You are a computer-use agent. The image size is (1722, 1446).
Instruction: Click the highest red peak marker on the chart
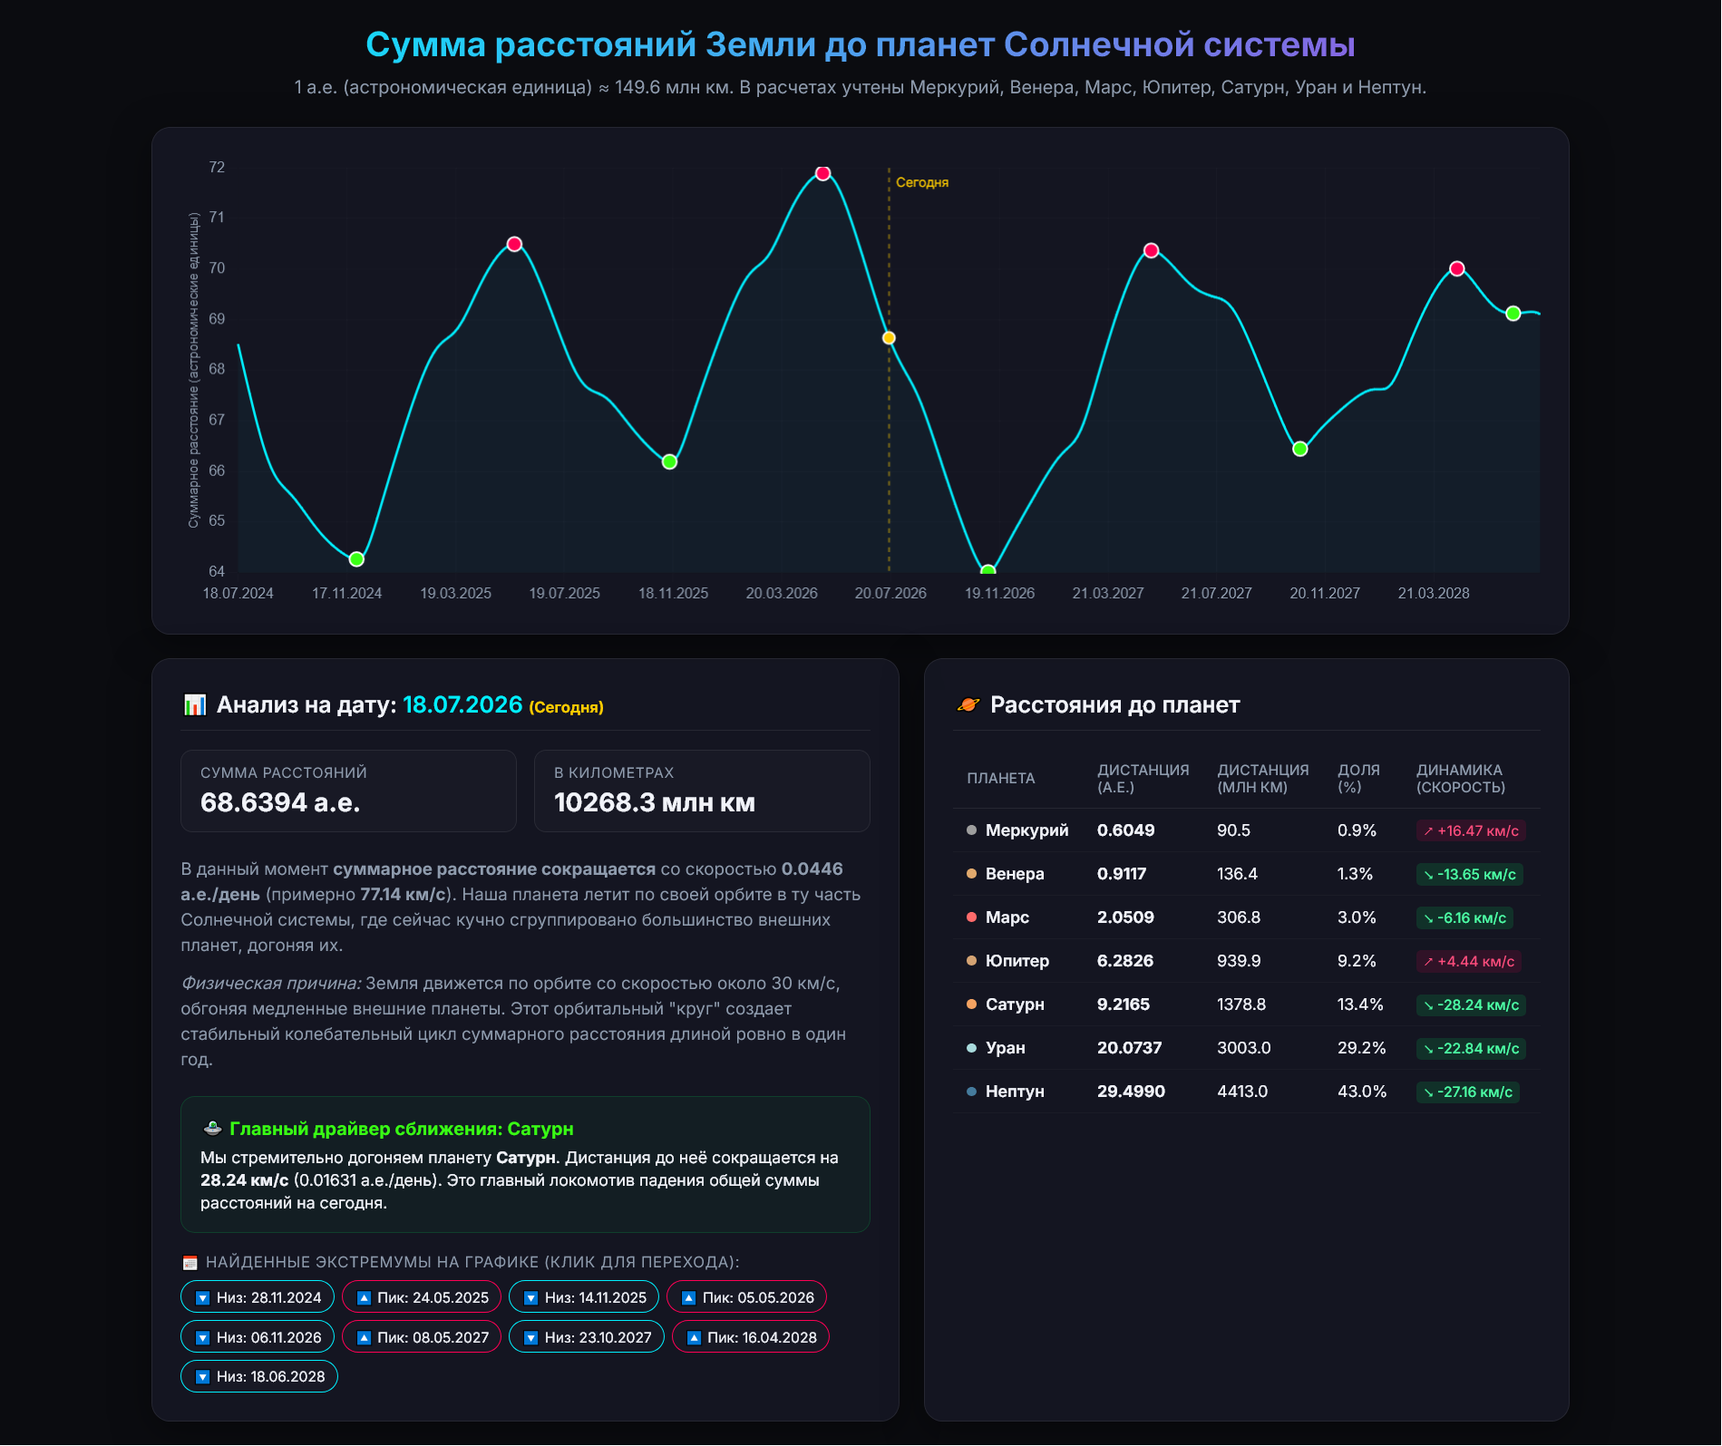(x=822, y=173)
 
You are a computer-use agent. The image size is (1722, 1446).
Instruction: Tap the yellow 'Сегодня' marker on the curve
(x=889, y=338)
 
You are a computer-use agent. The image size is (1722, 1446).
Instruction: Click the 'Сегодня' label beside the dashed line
(x=922, y=182)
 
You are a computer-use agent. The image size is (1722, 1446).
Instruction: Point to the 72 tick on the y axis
(x=217, y=167)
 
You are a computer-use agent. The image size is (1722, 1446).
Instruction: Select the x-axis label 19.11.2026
(x=999, y=593)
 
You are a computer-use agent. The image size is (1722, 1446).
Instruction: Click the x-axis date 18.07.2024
(x=238, y=593)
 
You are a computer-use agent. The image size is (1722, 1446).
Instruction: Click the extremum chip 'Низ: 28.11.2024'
(x=258, y=1297)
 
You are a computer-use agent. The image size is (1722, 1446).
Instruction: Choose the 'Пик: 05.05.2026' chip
(x=746, y=1297)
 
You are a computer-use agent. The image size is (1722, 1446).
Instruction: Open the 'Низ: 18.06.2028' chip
(x=259, y=1376)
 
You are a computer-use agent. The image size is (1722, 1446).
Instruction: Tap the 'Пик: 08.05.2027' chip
(x=422, y=1337)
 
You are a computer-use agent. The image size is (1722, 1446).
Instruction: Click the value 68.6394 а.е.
(x=280, y=802)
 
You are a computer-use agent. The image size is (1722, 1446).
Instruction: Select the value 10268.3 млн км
(x=654, y=802)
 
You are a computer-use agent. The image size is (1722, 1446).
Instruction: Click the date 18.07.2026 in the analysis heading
(x=462, y=704)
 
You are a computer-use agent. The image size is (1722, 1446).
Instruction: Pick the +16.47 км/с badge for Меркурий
(x=1471, y=830)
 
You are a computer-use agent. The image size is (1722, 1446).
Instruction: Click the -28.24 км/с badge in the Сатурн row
(x=1471, y=1004)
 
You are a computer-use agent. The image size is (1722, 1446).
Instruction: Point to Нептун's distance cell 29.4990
(x=1131, y=1092)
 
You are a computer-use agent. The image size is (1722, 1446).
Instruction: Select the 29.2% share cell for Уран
(x=1361, y=1048)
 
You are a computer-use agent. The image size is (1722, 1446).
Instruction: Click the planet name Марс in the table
(x=1007, y=917)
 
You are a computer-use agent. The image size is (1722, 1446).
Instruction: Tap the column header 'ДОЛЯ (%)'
(x=1358, y=778)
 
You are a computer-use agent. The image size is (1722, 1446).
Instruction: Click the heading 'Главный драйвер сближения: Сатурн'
(x=401, y=1129)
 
